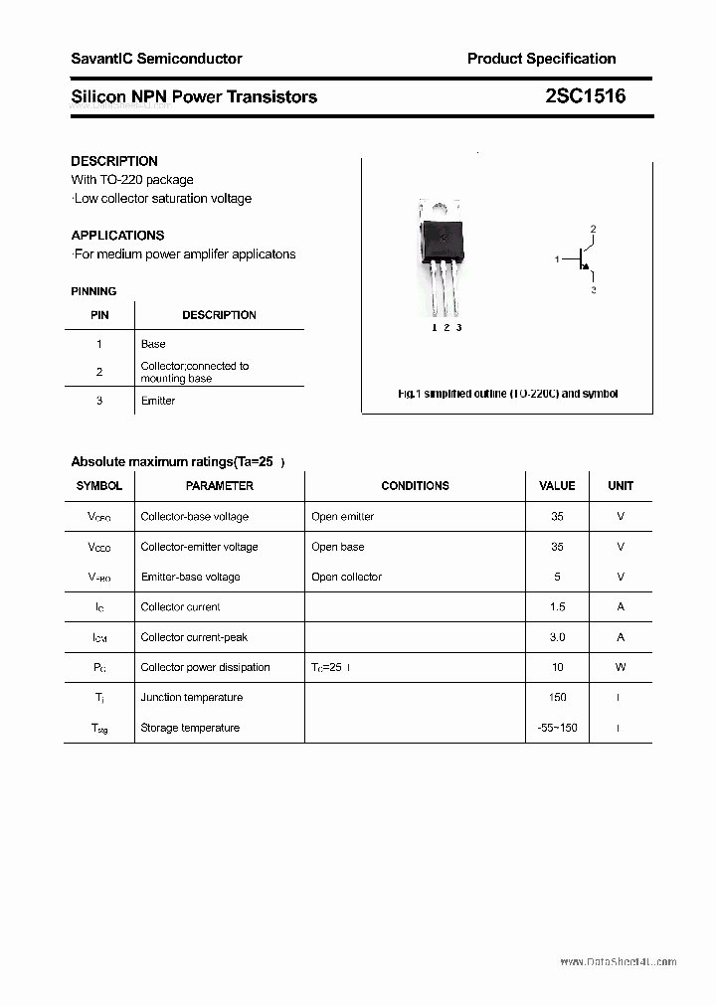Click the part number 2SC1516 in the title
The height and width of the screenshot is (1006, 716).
(x=585, y=96)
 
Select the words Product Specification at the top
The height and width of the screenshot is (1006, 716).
(x=541, y=59)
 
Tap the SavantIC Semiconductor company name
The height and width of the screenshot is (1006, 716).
(x=156, y=59)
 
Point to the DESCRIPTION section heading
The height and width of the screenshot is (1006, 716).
(x=114, y=161)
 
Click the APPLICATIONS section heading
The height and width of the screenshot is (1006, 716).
(x=117, y=236)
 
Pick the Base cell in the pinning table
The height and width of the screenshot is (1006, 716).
(x=153, y=344)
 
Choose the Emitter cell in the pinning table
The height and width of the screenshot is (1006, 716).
(x=157, y=401)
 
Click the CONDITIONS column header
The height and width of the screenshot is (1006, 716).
(x=415, y=486)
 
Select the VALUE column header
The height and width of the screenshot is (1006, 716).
(x=557, y=486)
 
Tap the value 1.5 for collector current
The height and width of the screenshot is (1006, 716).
(x=557, y=606)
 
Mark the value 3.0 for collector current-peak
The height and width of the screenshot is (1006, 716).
(x=557, y=637)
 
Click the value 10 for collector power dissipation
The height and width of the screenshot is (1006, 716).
(x=557, y=667)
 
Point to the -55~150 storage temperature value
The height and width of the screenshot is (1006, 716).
(x=557, y=728)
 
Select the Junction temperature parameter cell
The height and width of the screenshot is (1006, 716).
(x=191, y=698)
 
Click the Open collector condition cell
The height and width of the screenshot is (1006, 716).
(x=346, y=577)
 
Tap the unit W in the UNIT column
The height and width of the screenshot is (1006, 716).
(x=621, y=667)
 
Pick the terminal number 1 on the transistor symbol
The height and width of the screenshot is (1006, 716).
(x=557, y=259)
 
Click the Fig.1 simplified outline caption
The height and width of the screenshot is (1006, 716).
(x=507, y=394)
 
